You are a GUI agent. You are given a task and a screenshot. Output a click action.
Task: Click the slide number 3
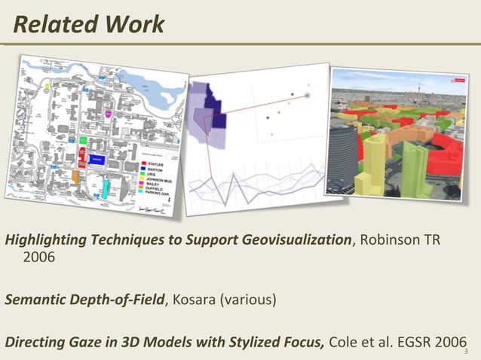click(x=467, y=352)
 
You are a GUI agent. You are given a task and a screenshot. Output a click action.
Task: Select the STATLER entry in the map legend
click(x=157, y=162)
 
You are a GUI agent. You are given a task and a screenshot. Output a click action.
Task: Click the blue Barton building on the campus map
click(x=97, y=160)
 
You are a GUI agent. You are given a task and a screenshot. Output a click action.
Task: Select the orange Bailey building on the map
click(x=75, y=176)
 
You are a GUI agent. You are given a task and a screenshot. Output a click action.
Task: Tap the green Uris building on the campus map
click(x=81, y=140)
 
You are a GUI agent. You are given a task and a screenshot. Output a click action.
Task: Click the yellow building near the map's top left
click(x=47, y=87)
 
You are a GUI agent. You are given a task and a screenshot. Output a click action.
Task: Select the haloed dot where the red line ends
click(x=308, y=96)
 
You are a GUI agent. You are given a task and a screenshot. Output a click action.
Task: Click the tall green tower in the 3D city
click(x=414, y=169)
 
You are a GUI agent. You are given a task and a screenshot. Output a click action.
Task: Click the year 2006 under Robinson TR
click(x=38, y=257)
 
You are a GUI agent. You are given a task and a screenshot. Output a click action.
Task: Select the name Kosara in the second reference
click(x=195, y=301)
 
